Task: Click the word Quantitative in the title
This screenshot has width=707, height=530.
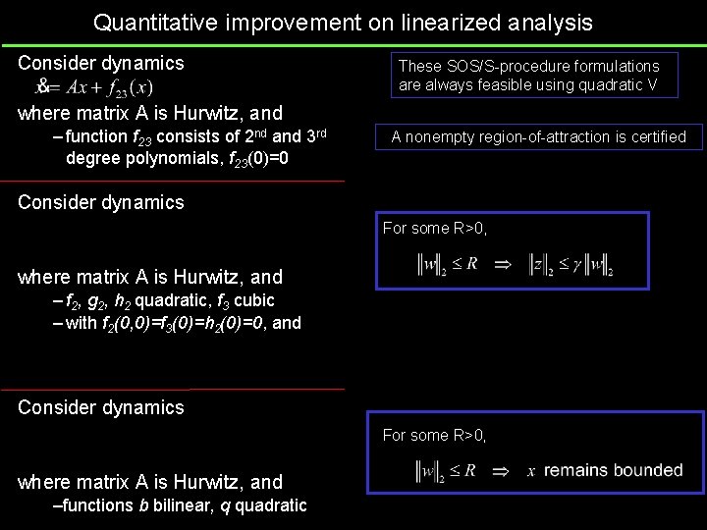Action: pos(156,21)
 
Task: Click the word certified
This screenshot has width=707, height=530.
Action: pos(655,136)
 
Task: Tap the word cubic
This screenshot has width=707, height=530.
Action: pos(252,300)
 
